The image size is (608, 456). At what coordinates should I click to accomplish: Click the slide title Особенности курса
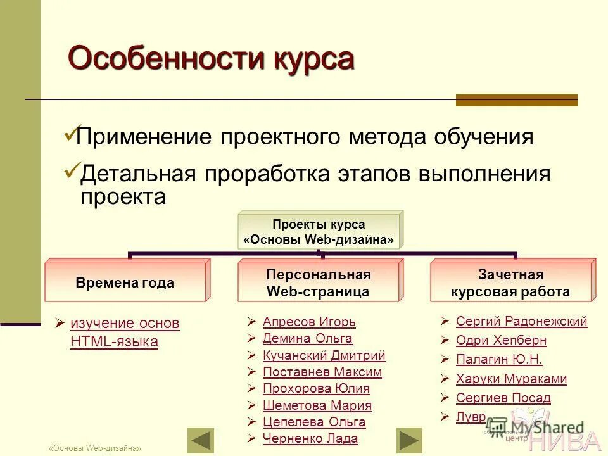[210, 60]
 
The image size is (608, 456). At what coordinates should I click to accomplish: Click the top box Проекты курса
[319, 232]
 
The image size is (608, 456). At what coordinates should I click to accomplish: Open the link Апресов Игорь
[309, 322]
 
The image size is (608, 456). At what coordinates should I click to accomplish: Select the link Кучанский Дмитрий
[324, 355]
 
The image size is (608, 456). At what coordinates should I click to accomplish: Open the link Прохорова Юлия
[316, 388]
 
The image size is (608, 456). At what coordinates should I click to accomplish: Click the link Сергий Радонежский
[521, 321]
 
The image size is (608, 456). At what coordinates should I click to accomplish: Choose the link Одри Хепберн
[501, 340]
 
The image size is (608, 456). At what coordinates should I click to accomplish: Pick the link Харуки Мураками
[511, 379]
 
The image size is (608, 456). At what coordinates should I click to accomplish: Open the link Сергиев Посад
[503, 398]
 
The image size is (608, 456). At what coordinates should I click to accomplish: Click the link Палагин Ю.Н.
[499, 360]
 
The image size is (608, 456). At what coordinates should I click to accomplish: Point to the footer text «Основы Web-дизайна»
[95, 448]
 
